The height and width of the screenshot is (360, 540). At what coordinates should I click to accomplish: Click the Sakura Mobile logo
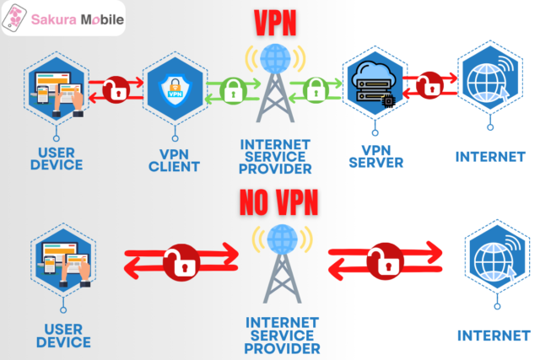click(62, 19)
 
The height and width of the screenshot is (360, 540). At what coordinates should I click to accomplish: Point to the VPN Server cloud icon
click(372, 81)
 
